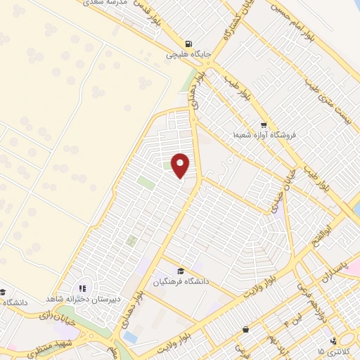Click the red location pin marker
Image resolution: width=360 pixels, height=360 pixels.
point(181,165)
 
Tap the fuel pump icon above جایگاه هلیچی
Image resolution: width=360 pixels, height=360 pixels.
point(187,42)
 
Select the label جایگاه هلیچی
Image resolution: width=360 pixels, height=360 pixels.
point(185,53)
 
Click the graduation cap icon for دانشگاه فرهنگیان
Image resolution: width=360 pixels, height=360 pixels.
point(180,271)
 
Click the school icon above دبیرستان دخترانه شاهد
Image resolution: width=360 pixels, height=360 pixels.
point(82,288)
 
